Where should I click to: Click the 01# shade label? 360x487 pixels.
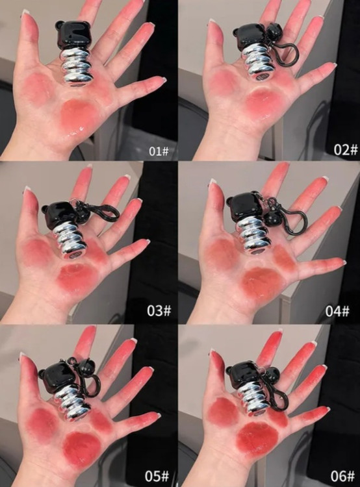[x=159, y=151]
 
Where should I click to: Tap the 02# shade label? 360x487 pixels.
[x=346, y=150]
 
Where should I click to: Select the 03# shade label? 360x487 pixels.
[x=159, y=310]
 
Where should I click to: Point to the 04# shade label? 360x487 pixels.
[x=337, y=311]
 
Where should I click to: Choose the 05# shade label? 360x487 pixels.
[x=157, y=476]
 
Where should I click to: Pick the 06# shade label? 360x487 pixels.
[x=342, y=475]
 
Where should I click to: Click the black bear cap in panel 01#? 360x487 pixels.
[x=72, y=34]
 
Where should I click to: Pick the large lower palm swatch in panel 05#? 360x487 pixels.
[x=82, y=446]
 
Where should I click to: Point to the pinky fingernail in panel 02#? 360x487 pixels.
[x=333, y=64]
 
